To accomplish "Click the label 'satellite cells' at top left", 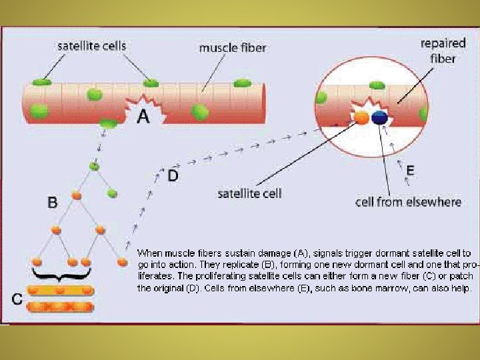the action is pyautogui.click(x=91, y=46).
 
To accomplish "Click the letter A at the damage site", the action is pyautogui.click(x=143, y=117).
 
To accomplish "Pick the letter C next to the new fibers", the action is pyautogui.click(x=18, y=299).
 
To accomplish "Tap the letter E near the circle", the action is pyautogui.click(x=409, y=170).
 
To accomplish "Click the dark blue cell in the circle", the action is pyautogui.click(x=379, y=118).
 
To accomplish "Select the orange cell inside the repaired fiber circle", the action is pyautogui.click(x=361, y=118).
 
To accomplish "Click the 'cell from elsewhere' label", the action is pyautogui.click(x=408, y=202).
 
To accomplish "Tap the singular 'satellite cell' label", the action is pyautogui.click(x=250, y=194).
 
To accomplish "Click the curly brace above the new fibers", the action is pyautogui.click(x=61, y=274).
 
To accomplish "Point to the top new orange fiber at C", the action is pyautogui.click(x=62, y=291).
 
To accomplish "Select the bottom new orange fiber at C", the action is pyautogui.click(x=62, y=307).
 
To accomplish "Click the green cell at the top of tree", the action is pyautogui.click(x=94, y=167).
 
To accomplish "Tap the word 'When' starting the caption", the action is pyautogui.click(x=150, y=253).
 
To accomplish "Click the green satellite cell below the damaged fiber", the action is pyautogui.click(x=107, y=123).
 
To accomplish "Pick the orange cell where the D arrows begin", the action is pyautogui.click(x=122, y=262).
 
